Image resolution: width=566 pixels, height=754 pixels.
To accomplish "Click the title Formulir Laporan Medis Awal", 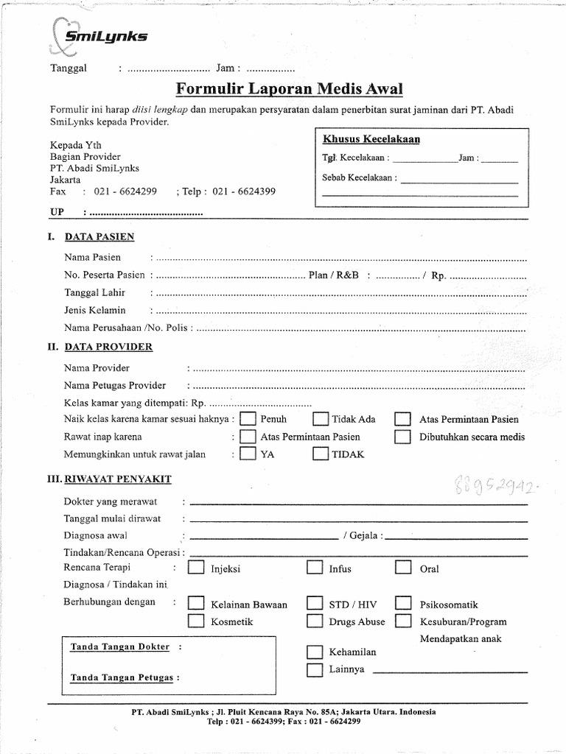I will click(x=290, y=89).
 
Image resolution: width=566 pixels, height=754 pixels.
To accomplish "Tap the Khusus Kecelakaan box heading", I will click(x=371, y=139).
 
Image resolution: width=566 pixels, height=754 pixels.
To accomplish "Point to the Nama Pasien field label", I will click(x=92, y=258).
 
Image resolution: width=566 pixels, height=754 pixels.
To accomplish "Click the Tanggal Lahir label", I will click(x=94, y=292).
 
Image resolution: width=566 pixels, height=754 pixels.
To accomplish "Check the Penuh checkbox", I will click(x=248, y=419).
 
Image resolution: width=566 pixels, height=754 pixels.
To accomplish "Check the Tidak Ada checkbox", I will click(x=320, y=419).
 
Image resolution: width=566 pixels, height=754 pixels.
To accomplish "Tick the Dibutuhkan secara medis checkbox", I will click(x=402, y=437).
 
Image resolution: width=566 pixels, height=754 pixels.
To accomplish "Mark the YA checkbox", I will click(x=248, y=454).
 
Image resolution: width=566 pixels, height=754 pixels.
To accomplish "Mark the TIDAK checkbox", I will click(x=320, y=454).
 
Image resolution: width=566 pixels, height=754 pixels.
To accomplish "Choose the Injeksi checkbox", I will click(x=196, y=568).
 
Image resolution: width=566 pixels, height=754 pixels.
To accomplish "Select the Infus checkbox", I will click(x=315, y=568).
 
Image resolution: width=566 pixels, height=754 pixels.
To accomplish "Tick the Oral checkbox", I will click(x=402, y=568).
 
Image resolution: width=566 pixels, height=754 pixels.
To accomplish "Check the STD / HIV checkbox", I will click(x=315, y=604).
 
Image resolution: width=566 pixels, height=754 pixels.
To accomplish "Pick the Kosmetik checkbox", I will click(x=196, y=621).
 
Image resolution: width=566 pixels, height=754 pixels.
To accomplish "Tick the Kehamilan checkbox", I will click(x=315, y=652).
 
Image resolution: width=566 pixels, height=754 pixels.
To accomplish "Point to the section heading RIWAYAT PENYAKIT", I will click(x=118, y=479).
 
